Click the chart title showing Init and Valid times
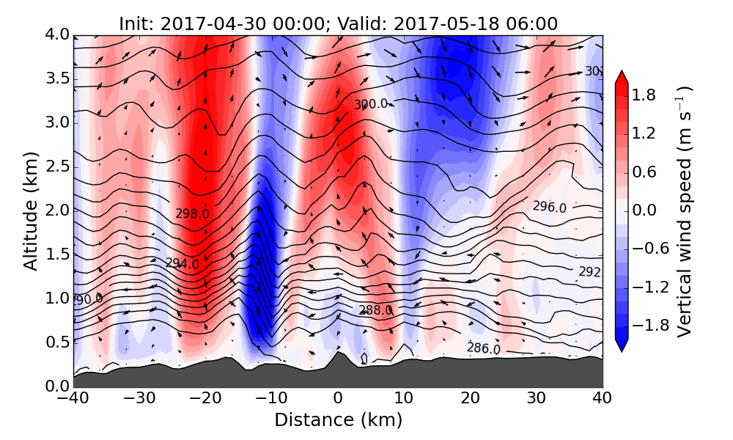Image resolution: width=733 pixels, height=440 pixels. coord(338,23)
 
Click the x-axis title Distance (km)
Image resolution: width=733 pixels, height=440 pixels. coord(338,420)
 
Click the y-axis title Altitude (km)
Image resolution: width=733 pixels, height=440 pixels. coord(30,210)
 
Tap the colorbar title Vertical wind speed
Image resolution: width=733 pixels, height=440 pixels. coord(685,211)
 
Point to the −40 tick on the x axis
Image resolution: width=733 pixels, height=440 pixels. coord(74,399)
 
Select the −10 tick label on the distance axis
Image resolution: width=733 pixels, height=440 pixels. coord(271,399)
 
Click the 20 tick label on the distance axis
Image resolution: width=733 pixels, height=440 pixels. coord(470,399)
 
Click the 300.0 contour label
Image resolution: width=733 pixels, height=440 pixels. coord(370,104)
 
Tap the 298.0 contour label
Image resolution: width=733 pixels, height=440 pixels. coord(192,213)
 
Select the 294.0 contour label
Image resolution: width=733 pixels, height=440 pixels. coord(182,263)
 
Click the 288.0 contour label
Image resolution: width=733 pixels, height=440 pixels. coord(375,310)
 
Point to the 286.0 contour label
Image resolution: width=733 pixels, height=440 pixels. coord(483,348)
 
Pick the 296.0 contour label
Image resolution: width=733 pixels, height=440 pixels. coord(549,207)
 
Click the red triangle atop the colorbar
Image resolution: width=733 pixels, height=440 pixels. coord(621,78)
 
